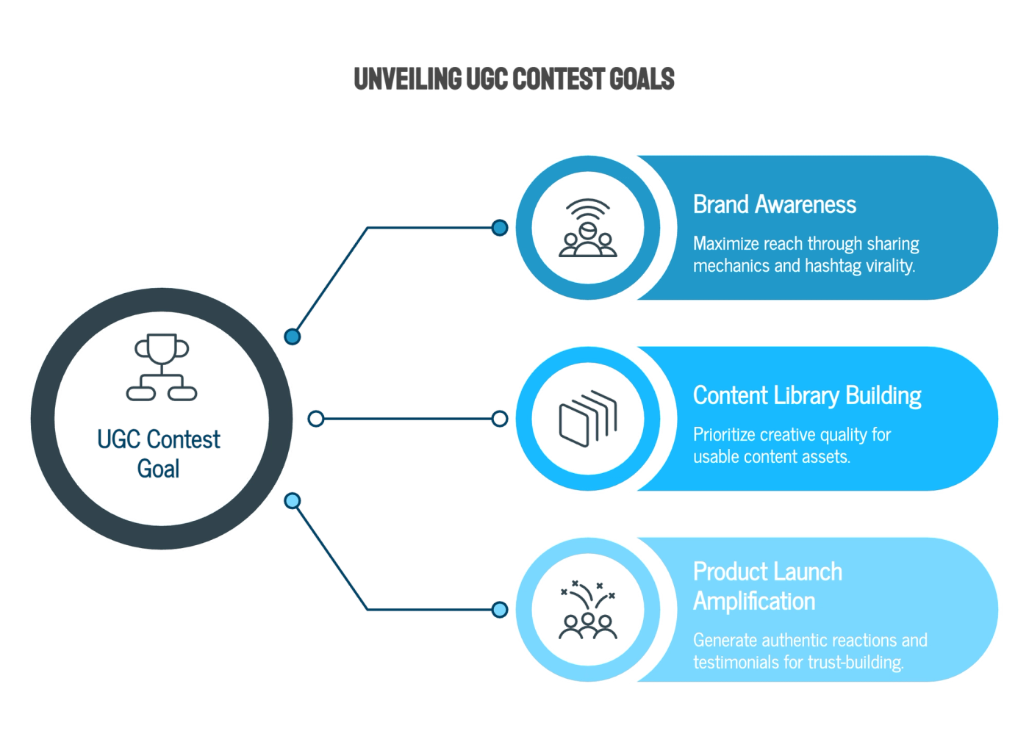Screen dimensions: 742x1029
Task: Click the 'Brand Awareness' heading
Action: point(774,204)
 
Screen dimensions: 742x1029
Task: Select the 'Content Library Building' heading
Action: point(806,395)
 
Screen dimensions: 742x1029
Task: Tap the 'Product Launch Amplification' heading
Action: point(767,586)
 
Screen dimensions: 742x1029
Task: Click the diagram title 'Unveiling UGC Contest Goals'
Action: point(514,79)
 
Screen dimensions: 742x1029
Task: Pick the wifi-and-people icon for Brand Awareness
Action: point(587,228)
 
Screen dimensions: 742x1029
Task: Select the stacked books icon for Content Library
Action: point(587,419)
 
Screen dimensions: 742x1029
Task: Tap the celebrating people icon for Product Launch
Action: point(587,609)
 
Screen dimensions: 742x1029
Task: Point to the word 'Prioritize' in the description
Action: point(723,435)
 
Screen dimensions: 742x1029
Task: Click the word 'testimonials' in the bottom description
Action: point(736,663)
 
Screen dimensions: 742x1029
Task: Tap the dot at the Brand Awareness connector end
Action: point(500,228)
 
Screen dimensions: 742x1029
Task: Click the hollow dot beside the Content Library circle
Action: point(500,419)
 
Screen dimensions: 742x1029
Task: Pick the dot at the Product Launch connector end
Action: point(500,609)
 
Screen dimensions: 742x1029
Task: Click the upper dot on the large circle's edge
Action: point(292,336)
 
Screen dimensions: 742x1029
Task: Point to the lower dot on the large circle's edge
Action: point(292,501)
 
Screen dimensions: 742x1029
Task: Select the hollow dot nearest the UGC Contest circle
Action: point(315,419)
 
